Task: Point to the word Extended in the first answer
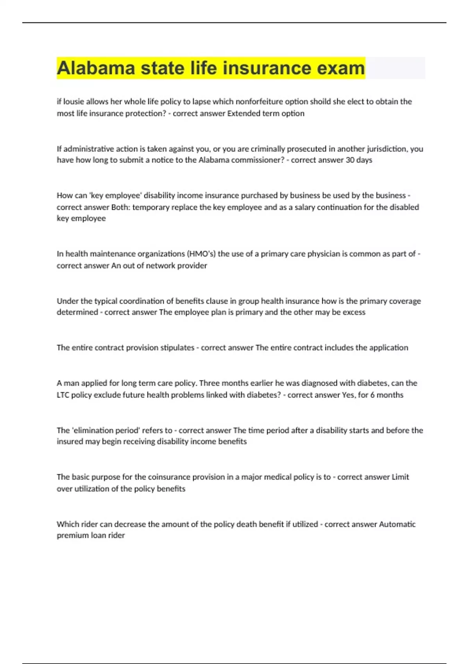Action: [x=244, y=113]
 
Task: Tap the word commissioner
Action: [x=258, y=160]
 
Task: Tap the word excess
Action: [x=354, y=312]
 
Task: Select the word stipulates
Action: [x=177, y=348]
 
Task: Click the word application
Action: [x=388, y=348]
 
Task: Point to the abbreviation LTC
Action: [x=63, y=395]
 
